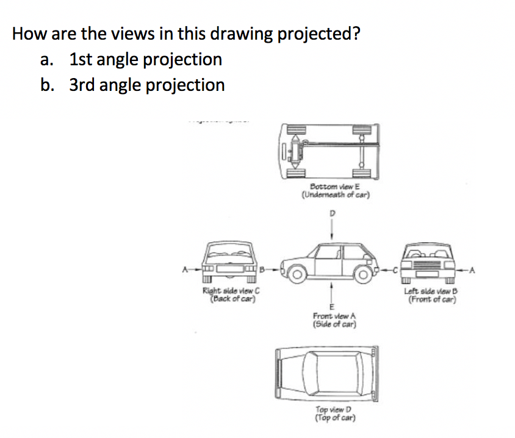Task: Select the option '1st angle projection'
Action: [x=145, y=59]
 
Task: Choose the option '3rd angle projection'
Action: [x=146, y=84]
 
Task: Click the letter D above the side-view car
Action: [x=333, y=214]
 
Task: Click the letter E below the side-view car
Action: [x=333, y=307]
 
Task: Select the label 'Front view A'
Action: [x=334, y=316]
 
